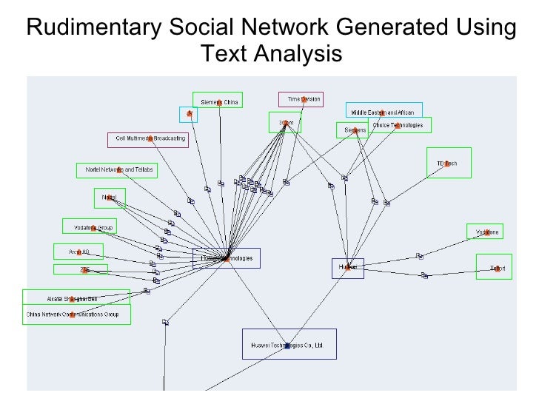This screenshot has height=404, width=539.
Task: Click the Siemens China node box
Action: pos(218,101)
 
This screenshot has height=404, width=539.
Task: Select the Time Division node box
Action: pos(301,99)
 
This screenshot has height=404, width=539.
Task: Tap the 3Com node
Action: pos(284,123)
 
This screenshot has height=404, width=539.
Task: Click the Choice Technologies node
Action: pos(398,125)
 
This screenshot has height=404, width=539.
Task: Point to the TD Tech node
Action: pos(449,163)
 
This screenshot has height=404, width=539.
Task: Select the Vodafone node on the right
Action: pos(486,232)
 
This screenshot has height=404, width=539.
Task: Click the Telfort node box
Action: pos(495,267)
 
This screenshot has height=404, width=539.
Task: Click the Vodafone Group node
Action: pos(89,227)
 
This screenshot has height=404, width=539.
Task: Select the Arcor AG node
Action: pos(78,252)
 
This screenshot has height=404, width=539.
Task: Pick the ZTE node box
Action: pos(81,270)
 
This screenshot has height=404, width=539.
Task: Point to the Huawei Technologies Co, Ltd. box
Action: pos(289,345)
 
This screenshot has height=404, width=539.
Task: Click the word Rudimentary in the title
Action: pos(93,28)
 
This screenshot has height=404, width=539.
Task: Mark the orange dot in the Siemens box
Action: pos(357,131)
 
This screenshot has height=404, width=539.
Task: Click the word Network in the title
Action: pos(284,28)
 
